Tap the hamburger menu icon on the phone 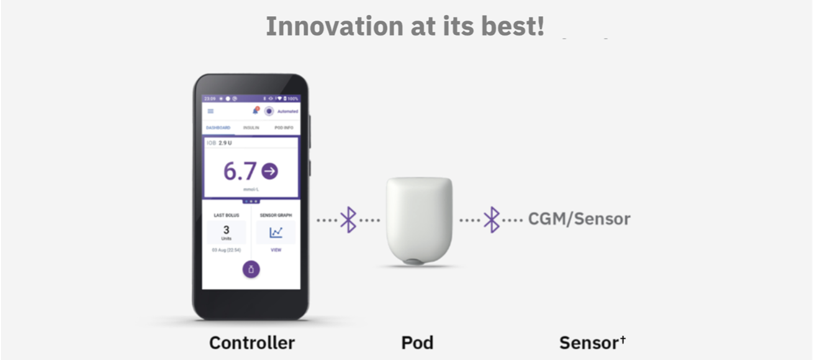(210, 111)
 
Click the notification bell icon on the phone (255, 111)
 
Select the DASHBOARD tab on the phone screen (218, 128)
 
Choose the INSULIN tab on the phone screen (251, 128)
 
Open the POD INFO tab (284, 128)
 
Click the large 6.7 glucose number (240, 172)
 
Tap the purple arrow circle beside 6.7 (269, 171)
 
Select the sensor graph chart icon (276, 232)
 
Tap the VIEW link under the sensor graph (276, 250)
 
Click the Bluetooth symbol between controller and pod (348, 220)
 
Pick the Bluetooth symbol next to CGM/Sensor (492, 220)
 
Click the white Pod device (420, 220)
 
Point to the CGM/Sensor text (579, 219)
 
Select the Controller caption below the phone (251, 342)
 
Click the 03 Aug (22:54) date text (226, 250)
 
